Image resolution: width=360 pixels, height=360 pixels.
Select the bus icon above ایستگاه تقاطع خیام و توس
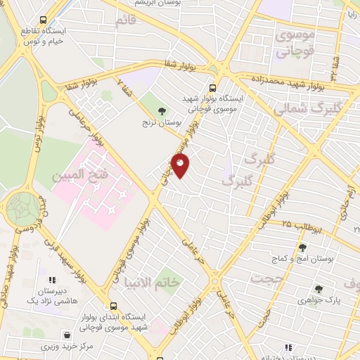[44, 20]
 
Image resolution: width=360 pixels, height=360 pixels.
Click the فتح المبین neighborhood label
[79, 174]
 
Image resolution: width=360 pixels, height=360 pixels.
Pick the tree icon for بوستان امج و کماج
[302, 247]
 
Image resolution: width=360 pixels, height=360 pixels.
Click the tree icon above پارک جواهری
[319, 288]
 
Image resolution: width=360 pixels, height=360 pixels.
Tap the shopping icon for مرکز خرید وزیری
[67, 335]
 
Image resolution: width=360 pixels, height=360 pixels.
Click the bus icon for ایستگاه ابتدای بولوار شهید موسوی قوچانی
[115, 307]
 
